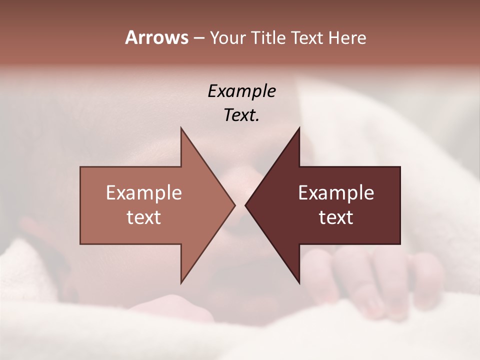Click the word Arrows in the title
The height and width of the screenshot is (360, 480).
pos(156,37)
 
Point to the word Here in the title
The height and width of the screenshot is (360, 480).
pos(347,38)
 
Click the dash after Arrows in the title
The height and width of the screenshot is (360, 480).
pos(198,38)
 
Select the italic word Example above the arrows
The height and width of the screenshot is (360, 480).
pos(242,91)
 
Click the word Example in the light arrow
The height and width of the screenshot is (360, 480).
pos(144,192)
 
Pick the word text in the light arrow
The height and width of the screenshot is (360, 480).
pos(144,217)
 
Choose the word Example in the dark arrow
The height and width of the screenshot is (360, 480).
pos(336,192)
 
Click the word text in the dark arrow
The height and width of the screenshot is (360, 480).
pos(336,217)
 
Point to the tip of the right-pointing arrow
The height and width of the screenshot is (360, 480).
pos(234,205)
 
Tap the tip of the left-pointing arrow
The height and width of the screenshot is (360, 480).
pos(246,205)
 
